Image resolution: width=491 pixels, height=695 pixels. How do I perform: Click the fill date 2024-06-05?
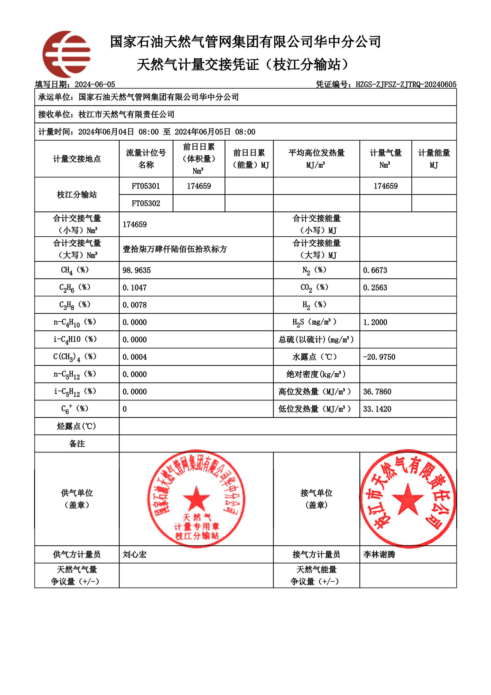[95, 84]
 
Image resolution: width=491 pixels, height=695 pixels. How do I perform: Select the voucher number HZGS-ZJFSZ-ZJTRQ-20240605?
[406, 84]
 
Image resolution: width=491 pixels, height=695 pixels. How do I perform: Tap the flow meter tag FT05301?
[146, 186]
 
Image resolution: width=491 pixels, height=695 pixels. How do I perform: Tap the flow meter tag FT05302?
[146, 203]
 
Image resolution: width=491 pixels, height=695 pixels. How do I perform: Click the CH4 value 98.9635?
[136, 270]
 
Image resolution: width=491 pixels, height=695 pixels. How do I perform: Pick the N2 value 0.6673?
[375, 270]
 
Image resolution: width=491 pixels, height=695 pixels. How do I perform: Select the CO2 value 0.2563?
[375, 287]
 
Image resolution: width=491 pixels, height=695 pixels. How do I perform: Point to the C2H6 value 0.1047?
[135, 287]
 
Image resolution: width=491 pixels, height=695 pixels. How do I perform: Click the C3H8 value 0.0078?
[135, 305]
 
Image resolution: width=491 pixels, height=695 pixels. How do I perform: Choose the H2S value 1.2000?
[375, 322]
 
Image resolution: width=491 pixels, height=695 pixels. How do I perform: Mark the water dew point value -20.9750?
[379, 357]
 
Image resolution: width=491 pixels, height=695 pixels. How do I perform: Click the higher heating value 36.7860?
[377, 392]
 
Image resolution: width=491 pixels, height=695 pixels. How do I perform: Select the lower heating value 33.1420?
[377, 409]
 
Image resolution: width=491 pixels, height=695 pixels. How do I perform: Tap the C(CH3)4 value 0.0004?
[135, 357]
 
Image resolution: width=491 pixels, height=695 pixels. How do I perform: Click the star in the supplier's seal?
[196, 499]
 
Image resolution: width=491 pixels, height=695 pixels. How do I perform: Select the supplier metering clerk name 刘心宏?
[135, 555]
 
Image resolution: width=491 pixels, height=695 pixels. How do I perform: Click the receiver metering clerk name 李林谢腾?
[379, 555]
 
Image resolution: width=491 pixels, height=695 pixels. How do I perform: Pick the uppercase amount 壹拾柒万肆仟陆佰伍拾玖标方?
[175, 249]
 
